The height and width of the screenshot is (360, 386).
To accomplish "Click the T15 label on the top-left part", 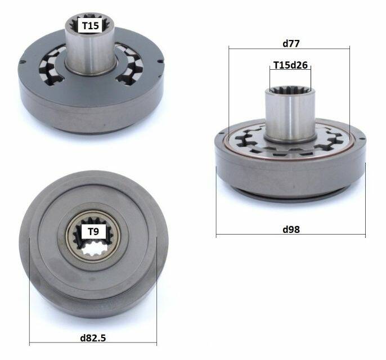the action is [91, 25].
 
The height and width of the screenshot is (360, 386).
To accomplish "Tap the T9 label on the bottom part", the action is [93, 231].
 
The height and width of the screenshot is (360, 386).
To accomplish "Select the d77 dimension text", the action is [291, 43].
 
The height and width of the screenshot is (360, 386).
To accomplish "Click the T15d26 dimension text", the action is [290, 65].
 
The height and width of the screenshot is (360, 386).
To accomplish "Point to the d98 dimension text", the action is [291, 229].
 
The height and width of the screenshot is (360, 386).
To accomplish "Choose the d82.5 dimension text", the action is [93, 338].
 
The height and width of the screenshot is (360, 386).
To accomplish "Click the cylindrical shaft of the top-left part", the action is [91, 49].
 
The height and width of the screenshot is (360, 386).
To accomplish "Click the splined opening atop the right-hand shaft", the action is [290, 89].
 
